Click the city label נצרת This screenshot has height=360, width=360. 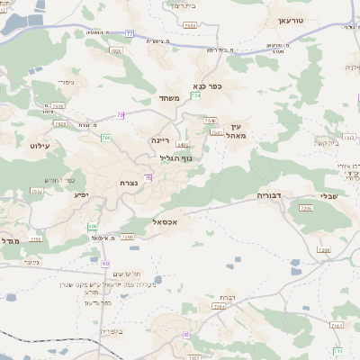click(129, 183)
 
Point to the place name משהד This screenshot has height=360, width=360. click(170, 97)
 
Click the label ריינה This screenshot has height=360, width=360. click(160, 140)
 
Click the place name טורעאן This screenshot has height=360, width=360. click(292, 20)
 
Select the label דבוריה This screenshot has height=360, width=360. click(271, 194)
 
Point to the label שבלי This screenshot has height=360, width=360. click(329, 196)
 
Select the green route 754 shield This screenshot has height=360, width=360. click(196, 95)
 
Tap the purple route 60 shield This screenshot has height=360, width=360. click(106, 263)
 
